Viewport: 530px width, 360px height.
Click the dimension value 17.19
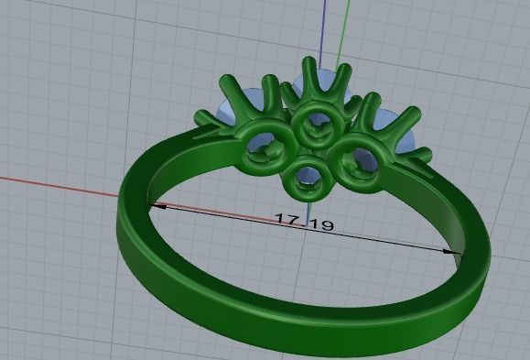(304, 221)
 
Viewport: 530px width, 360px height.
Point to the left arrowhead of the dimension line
(156, 206)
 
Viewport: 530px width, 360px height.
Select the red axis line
(55, 186)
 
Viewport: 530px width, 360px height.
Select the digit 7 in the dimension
(296, 219)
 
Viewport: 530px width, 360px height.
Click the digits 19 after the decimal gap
(321, 224)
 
